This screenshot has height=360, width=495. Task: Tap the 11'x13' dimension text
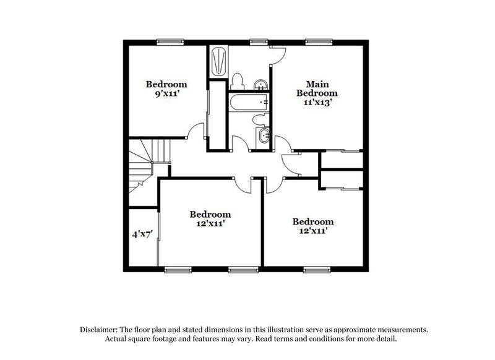(318, 103)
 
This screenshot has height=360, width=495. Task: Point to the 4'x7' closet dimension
(142, 234)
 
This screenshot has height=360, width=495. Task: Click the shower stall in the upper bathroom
(217, 61)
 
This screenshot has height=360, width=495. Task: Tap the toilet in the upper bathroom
(236, 80)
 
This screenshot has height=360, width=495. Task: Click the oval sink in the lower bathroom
(263, 137)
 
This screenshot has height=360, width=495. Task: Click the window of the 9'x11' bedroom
(171, 41)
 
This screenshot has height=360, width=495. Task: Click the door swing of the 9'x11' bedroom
(197, 131)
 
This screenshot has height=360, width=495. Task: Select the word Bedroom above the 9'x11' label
(166, 84)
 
